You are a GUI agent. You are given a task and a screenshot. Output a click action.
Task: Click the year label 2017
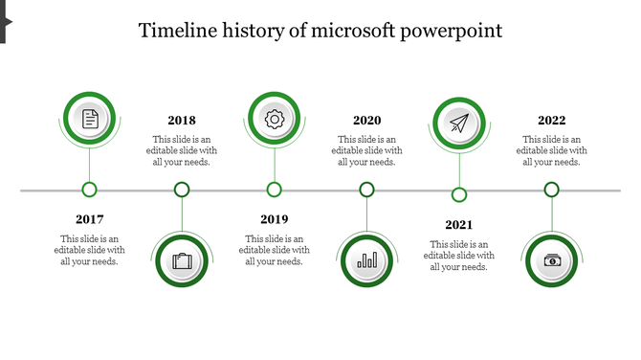tap(90, 219)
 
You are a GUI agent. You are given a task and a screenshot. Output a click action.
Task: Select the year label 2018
tap(182, 121)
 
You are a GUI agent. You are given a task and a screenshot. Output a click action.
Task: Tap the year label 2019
tap(275, 219)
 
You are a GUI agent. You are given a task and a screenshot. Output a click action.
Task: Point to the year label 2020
tap(366, 121)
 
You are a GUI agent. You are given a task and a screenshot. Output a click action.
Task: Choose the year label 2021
tap(459, 225)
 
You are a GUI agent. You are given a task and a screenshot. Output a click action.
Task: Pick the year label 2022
tap(551, 121)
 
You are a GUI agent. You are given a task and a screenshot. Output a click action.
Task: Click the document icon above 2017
tap(90, 119)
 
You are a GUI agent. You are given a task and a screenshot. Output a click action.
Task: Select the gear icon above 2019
tap(275, 119)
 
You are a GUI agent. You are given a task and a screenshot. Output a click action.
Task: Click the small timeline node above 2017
tap(90, 190)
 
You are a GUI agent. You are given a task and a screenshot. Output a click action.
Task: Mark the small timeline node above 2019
tap(275, 190)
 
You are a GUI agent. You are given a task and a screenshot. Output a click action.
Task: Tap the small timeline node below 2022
tap(551, 190)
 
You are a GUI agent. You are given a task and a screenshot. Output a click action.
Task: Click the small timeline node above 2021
tap(459, 195)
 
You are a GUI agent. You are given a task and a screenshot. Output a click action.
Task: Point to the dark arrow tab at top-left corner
tap(5, 21)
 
